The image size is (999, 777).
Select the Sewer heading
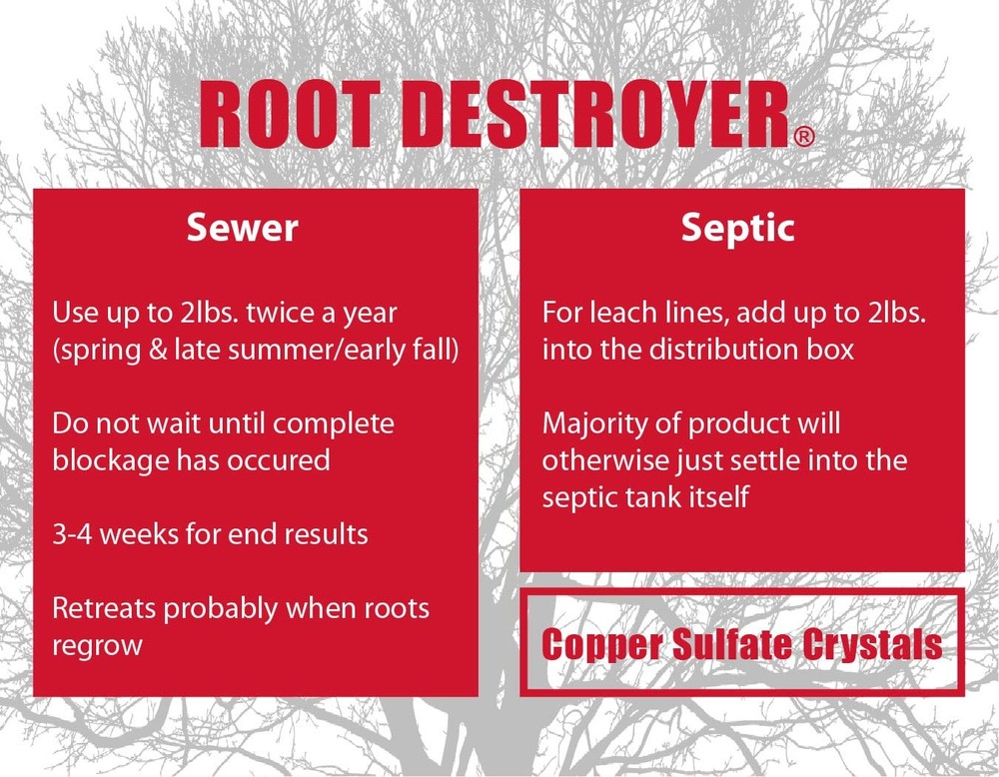click(x=243, y=228)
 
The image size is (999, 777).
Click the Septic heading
click(x=738, y=228)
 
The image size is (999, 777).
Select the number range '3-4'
click(x=70, y=533)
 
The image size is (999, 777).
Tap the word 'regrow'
click(x=98, y=645)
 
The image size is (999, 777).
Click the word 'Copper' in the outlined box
click(x=595, y=644)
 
